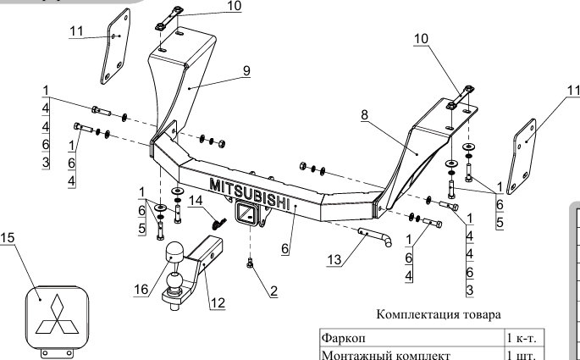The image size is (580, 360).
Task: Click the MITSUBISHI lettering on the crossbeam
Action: coord(249,194)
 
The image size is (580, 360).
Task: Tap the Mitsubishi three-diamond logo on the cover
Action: coord(57,313)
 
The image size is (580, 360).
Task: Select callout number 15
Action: coord(7,237)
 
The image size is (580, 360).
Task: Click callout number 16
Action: coord(141,290)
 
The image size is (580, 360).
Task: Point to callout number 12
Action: coord(218,303)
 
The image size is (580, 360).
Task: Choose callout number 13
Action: coord(334,259)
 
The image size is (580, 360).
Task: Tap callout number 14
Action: coord(196,200)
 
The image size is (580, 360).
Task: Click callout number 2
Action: coord(273,291)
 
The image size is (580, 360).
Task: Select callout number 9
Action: coord(246,70)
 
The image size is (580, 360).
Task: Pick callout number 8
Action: coord(365,114)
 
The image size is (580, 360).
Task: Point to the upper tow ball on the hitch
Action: coord(174,252)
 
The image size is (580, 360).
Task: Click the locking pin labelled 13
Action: coord(375,236)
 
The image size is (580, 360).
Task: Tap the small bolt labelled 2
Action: coord(250,263)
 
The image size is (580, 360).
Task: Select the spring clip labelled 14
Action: coord(219,223)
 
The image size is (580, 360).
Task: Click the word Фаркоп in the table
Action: coord(343,338)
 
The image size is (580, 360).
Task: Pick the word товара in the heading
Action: coord(482,315)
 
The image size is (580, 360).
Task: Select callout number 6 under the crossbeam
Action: coord(284,249)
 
